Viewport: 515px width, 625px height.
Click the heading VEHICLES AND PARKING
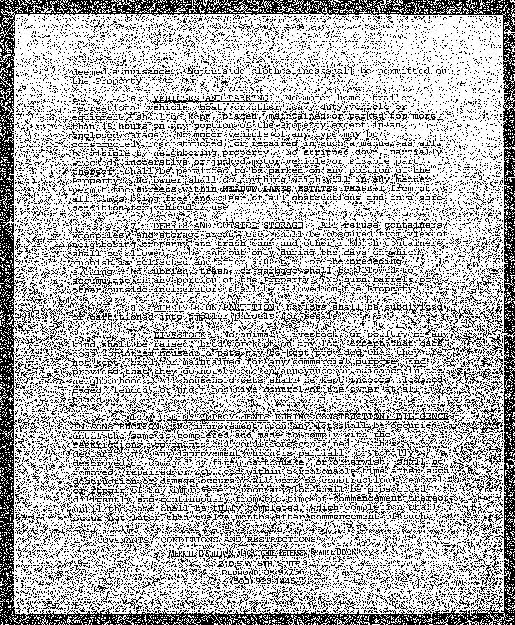click(211, 98)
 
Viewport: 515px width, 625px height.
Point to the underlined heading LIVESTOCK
click(180, 335)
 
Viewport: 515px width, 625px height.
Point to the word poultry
click(387, 334)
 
